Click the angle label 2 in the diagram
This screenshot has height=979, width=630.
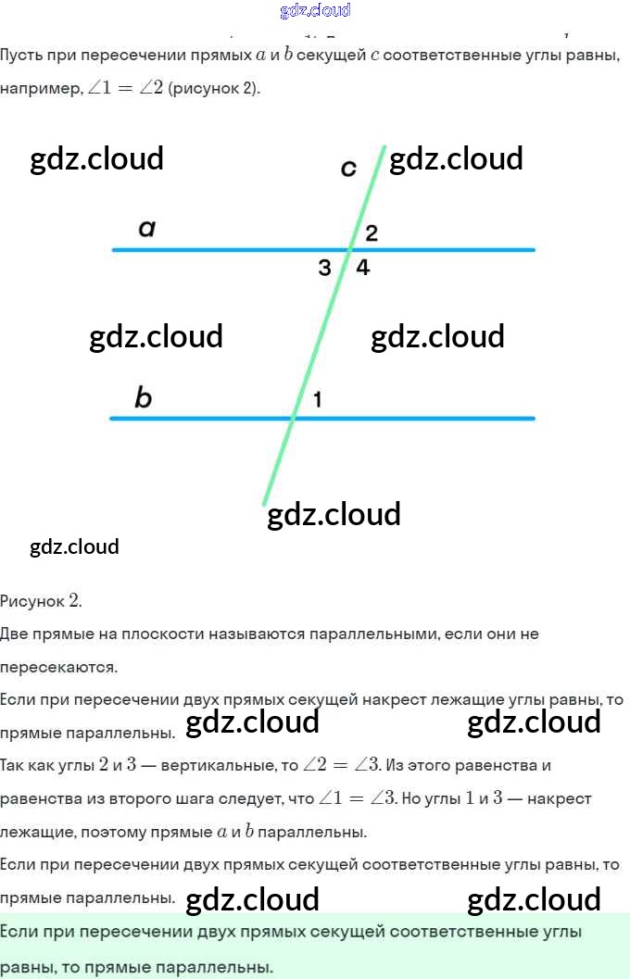point(372,233)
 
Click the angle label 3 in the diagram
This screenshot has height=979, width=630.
point(324,269)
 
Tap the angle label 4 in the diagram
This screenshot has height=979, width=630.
point(363,269)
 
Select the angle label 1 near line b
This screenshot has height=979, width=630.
point(317,400)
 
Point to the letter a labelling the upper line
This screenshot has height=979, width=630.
point(146,228)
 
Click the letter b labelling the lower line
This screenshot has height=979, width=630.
point(143,398)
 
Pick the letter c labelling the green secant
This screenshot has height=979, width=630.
point(348,168)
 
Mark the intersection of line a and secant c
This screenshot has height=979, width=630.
point(349,249)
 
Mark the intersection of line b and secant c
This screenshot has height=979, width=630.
point(294,419)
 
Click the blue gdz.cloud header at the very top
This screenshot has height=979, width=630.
point(315,11)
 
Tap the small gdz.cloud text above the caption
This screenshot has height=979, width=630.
point(74,546)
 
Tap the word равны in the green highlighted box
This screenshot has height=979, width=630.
point(26,967)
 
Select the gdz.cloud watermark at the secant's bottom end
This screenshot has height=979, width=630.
point(334,514)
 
